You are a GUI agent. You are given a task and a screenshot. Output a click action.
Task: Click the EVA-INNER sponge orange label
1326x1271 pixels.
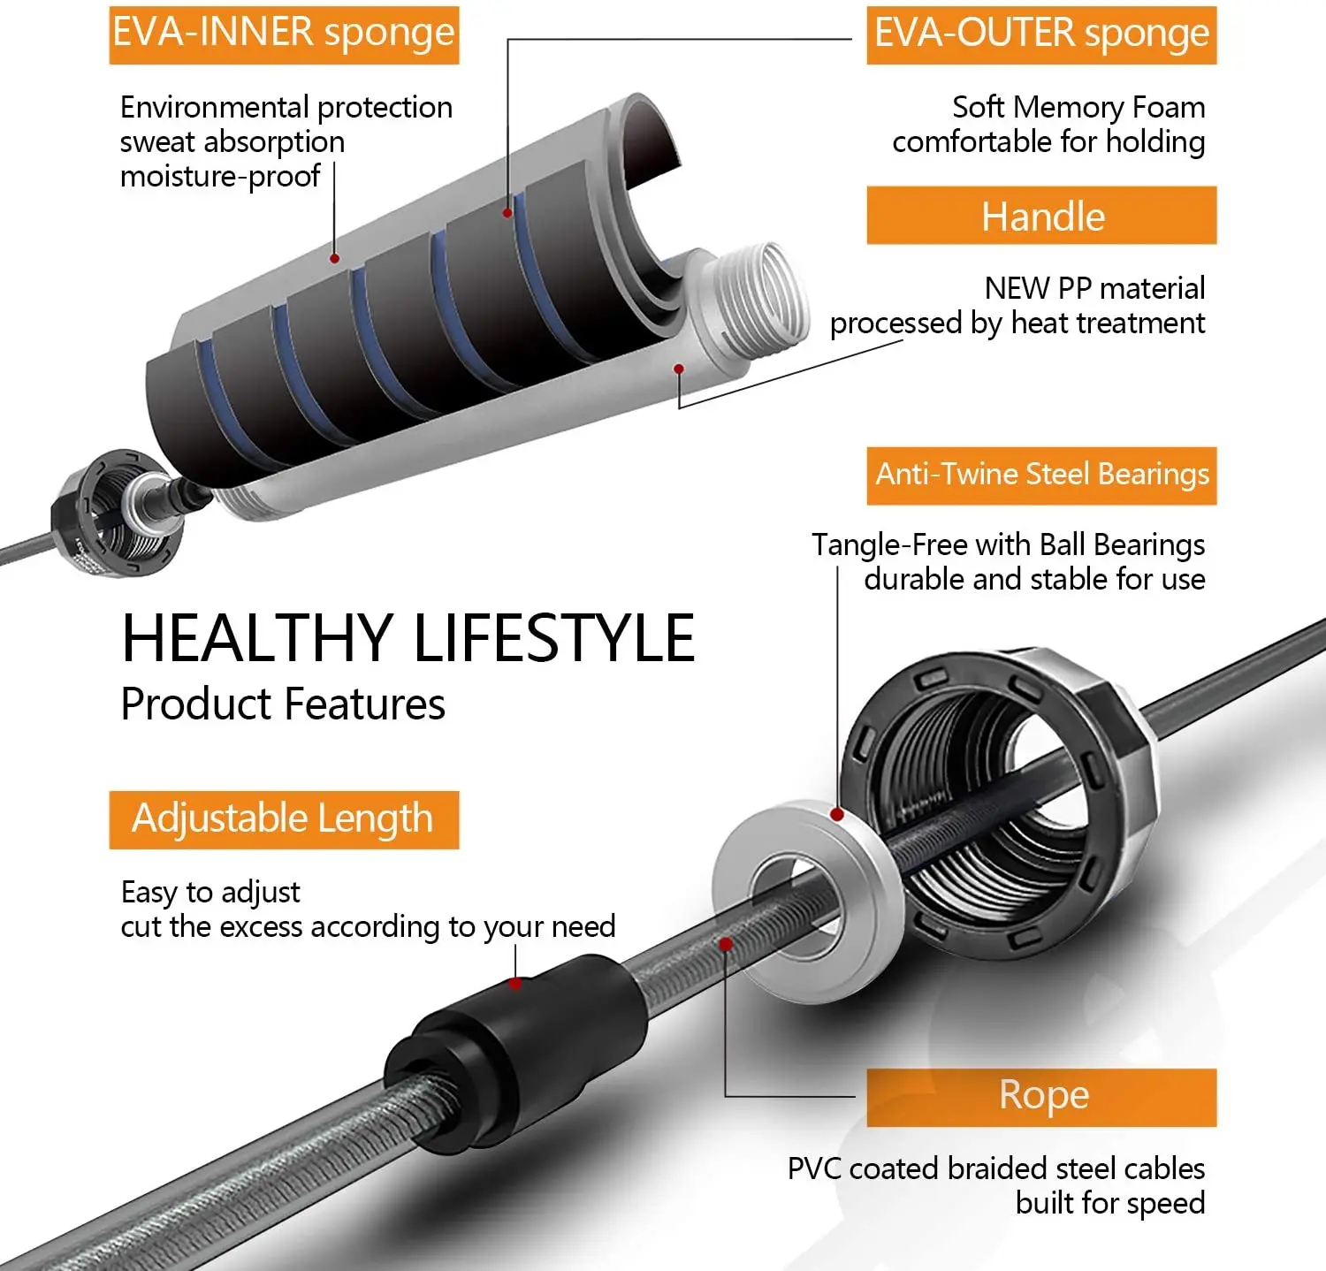pyautogui.click(x=284, y=34)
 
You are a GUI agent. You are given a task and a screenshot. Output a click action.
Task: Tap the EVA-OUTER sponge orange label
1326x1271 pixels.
pyautogui.click(x=1040, y=34)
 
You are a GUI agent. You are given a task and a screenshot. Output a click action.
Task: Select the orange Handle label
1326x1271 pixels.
pyautogui.click(x=1040, y=216)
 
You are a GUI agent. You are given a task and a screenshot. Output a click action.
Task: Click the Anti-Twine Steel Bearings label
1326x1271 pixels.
pyautogui.click(x=1040, y=476)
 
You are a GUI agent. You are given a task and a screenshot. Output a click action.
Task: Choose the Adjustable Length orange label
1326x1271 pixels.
pyautogui.click(x=284, y=819)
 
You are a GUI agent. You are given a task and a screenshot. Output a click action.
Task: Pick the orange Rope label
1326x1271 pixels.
pyautogui.click(x=1040, y=1097)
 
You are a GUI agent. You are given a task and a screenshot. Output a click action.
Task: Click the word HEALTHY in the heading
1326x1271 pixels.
pyautogui.click(x=257, y=638)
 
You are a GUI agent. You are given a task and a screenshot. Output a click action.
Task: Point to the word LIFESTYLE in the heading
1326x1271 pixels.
pyautogui.click(x=554, y=638)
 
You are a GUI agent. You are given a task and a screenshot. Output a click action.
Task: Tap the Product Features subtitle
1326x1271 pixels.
pyautogui.click(x=283, y=704)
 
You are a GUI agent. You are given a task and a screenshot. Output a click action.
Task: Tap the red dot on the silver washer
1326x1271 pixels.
pyautogui.click(x=837, y=814)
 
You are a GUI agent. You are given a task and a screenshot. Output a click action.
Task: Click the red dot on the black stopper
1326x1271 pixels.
pyautogui.click(x=515, y=983)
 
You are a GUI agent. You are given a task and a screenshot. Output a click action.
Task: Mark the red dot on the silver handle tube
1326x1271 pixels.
pyautogui.click(x=679, y=369)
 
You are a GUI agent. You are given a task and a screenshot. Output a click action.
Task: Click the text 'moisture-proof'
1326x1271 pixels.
pyautogui.click(x=220, y=177)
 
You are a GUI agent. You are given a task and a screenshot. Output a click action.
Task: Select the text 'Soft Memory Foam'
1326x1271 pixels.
pyautogui.click(x=1078, y=107)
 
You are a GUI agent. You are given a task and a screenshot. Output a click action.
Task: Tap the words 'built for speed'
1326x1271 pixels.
pyautogui.click(x=1110, y=1203)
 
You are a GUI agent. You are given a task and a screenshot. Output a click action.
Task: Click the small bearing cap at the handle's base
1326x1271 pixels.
pyautogui.click(x=115, y=513)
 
